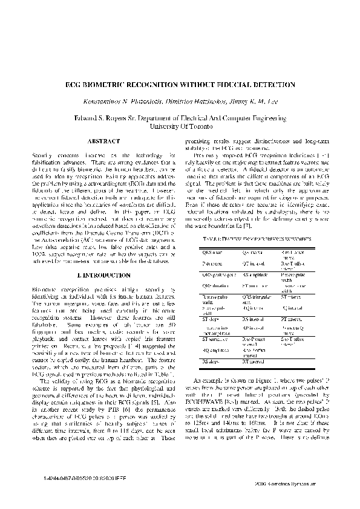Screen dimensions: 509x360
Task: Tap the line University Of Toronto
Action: pos(179,127)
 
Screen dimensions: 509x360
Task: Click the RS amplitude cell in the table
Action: pos(254,274)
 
